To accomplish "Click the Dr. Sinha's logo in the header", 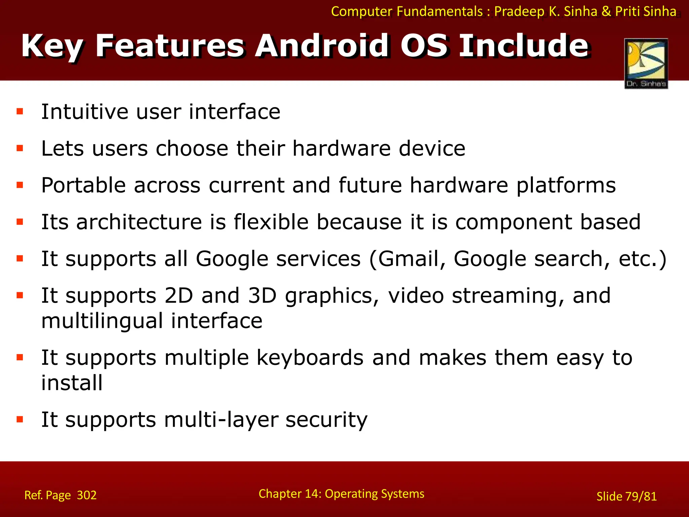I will coord(646,63).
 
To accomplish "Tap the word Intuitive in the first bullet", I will coord(84,112).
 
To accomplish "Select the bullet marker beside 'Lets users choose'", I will coord(20,148).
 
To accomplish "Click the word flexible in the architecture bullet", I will coord(271,222).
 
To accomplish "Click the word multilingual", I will coord(102,321).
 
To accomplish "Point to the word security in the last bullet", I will coord(326,420).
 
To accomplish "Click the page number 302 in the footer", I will coord(86,495).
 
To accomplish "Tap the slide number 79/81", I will coord(641,496).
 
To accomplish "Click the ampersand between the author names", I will coord(606,11).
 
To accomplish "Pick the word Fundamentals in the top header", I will coord(440,11).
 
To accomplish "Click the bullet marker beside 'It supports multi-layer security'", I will coord(20,419).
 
